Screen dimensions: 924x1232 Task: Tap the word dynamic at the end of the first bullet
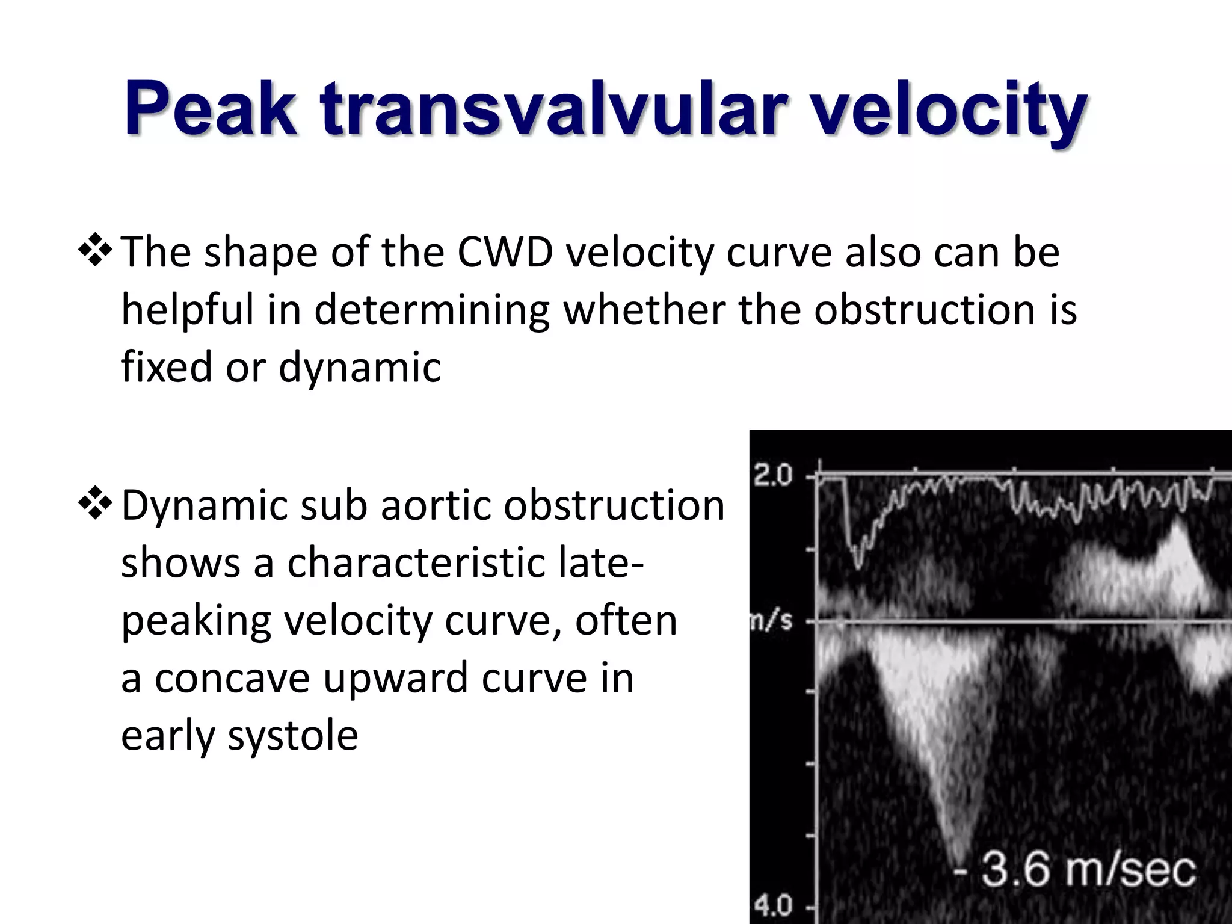coord(360,368)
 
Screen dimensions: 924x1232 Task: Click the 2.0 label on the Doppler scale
coord(774,476)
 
